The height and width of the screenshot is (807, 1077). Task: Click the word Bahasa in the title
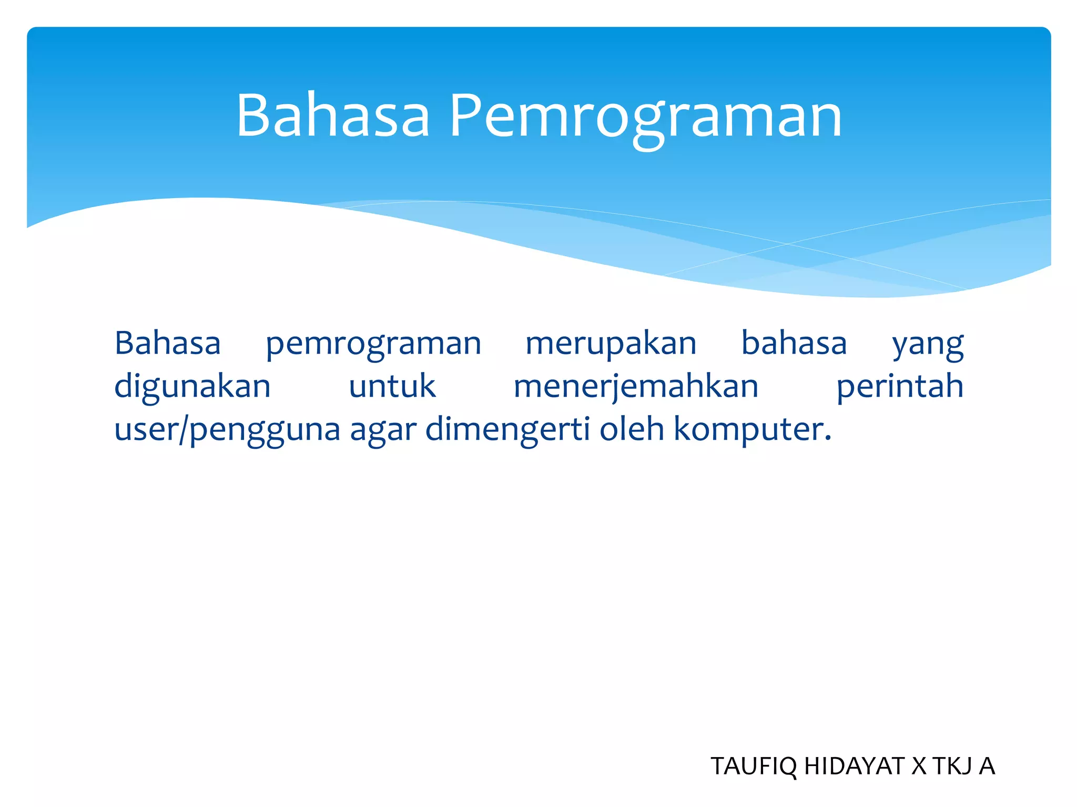(332, 116)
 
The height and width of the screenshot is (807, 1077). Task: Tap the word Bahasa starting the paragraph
(167, 344)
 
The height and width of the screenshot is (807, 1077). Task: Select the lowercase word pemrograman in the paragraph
(373, 345)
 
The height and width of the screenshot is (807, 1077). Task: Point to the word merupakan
(611, 345)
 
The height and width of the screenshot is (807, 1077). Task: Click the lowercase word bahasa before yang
(794, 344)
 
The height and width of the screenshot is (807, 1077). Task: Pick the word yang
(928, 346)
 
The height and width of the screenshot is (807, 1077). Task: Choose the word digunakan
(192, 388)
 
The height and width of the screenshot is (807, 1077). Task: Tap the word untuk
(392, 387)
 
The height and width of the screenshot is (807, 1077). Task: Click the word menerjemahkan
(636, 388)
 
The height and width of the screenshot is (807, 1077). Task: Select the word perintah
(900, 388)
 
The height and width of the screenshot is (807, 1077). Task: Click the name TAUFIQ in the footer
(753, 767)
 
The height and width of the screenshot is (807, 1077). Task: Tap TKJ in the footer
(952, 767)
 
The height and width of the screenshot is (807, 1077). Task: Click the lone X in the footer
(919, 767)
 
